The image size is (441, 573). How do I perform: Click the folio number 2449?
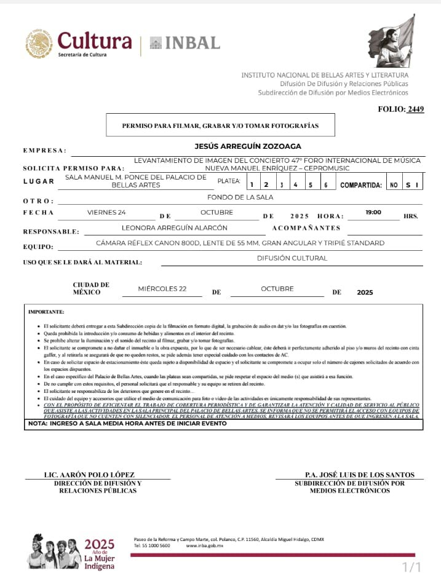click(415, 109)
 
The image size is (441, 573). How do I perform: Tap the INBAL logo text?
click(185, 43)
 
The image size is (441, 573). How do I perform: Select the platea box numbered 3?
click(281, 184)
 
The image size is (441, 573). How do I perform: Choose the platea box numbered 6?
click(325, 184)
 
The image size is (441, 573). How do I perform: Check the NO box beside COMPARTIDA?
click(393, 184)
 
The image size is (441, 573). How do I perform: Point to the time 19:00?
click(373, 212)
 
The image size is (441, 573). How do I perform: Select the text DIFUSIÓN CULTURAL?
click(292, 258)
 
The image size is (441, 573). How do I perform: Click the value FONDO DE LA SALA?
click(240, 197)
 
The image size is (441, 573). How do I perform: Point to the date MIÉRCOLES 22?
click(162, 288)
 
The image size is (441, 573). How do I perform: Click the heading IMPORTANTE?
click(46, 312)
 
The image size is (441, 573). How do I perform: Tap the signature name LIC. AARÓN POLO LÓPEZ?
click(89, 475)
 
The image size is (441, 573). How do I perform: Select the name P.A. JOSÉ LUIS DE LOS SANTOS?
click(359, 475)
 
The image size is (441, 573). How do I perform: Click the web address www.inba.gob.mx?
click(204, 546)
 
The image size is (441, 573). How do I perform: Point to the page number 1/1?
click(411, 566)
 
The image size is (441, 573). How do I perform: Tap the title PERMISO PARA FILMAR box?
click(220, 125)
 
